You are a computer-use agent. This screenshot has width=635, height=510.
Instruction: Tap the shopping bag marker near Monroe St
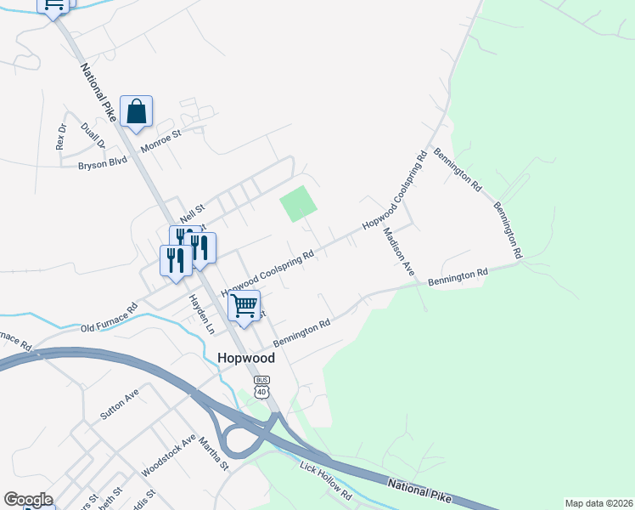point(136,112)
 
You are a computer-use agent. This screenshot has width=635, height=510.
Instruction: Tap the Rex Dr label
point(61,137)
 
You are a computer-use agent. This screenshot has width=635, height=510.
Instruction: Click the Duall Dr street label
point(92,136)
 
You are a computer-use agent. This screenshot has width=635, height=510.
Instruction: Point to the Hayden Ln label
point(198,312)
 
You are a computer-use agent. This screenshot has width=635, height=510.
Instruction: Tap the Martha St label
point(214,453)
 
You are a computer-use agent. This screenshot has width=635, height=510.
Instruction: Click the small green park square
point(299,204)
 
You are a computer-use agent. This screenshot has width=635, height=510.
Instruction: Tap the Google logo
point(28,499)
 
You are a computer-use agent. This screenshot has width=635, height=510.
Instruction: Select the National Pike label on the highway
point(421,490)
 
